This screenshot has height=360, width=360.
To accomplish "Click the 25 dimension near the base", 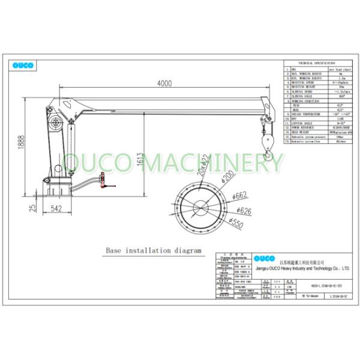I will click(19, 208).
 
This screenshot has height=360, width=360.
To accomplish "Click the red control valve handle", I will click(103, 178).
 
